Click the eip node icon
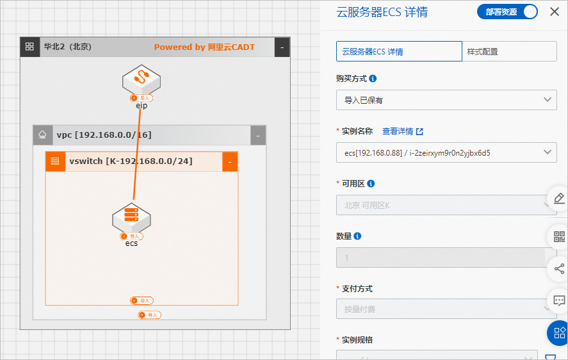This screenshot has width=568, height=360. click(x=141, y=79)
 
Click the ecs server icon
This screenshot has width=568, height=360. click(x=131, y=217)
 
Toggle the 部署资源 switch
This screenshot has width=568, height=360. click(x=507, y=12)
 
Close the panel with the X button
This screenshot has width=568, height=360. click(x=555, y=12)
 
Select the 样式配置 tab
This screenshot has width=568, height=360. click(x=509, y=51)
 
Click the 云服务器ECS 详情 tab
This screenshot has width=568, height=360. click(x=399, y=51)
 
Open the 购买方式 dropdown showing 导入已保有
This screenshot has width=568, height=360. click(x=446, y=100)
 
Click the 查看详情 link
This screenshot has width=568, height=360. click(x=402, y=131)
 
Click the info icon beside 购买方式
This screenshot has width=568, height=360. click(x=373, y=79)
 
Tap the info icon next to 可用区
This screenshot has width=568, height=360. click(x=371, y=184)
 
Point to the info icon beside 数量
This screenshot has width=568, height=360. click(x=357, y=236)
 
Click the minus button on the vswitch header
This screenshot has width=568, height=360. click(x=230, y=162)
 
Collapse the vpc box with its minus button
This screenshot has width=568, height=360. click(x=257, y=135)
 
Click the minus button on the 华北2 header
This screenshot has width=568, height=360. click(x=282, y=47)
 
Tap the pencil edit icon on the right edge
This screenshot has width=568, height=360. click(x=559, y=198)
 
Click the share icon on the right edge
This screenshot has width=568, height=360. click(x=559, y=268)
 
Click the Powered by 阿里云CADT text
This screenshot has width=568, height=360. click(x=204, y=47)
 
